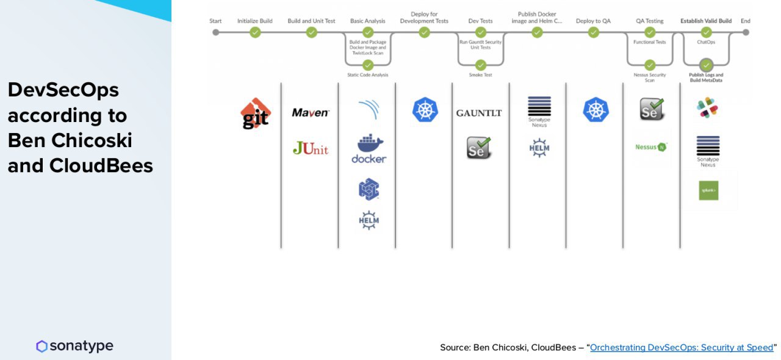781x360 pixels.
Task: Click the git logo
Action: click(x=256, y=114)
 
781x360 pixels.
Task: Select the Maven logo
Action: click(x=311, y=112)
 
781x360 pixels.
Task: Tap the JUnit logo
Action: click(x=311, y=148)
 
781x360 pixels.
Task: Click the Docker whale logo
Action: click(x=369, y=149)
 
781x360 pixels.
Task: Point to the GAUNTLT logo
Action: click(x=479, y=113)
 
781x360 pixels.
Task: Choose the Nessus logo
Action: click(x=651, y=147)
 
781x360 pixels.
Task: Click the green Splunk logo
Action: click(x=708, y=190)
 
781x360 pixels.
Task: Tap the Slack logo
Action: click(x=708, y=108)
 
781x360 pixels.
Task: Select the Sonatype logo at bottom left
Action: click(x=74, y=347)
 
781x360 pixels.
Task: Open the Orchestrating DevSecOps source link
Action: click(x=682, y=347)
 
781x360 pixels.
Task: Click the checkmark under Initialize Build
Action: click(x=255, y=32)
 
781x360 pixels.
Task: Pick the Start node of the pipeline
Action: click(x=215, y=32)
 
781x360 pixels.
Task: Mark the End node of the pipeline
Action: click(x=746, y=32)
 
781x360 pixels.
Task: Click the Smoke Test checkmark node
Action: click(x=481, y=65)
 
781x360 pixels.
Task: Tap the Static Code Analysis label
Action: click(x=368, y=75)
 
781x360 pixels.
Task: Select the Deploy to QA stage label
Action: click(x=593, y=21)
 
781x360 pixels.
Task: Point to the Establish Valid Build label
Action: click(x=706, y=21)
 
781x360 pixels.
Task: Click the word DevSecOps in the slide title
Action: click(x=63, y=90)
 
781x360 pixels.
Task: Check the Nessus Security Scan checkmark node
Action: click(x=650, y=65)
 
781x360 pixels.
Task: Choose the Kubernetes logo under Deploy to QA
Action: click(x=596, y=110)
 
